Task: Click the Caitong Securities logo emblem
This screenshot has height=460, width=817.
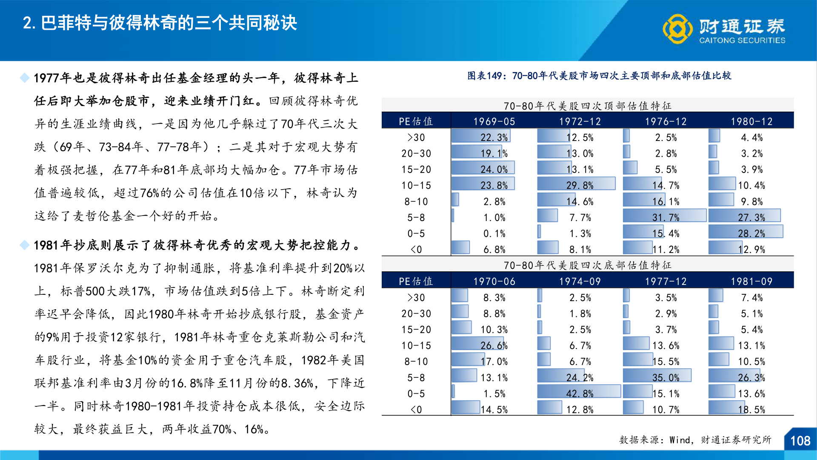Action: tap(677, 29)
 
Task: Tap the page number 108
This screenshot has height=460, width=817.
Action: tap(800, 440)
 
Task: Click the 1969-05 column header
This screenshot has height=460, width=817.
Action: tap(494, 121)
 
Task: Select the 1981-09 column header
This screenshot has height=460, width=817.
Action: tap(751, 281)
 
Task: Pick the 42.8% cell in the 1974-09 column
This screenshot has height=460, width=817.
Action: tap(580, 394)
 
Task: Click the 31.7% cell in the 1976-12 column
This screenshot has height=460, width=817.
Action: tap(666, 217)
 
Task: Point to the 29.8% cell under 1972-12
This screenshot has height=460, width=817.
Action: tap(580, 185)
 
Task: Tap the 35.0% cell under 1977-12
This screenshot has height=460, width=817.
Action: tap(666, 377)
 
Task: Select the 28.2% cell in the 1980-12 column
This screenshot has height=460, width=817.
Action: tap(751, 233)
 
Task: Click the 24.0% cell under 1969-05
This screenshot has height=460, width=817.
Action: tap(494, 170)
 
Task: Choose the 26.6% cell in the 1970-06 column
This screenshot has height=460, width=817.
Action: tap(494, 345)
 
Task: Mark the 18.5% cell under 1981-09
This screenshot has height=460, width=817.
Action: tap(751, 409)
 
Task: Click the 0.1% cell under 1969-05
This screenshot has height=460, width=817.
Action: tap(494, 233)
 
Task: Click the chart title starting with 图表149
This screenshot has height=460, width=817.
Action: tap(599, 76)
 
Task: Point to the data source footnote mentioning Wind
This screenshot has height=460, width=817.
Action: tap(695, 440)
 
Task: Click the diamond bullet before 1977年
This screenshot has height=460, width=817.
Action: tap(25, 78)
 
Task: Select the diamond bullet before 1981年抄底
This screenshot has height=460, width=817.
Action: tap(25, 245)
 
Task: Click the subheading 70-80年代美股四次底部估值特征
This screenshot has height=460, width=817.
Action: tap(587, 265)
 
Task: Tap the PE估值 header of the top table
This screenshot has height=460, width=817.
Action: tap(416, 121)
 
